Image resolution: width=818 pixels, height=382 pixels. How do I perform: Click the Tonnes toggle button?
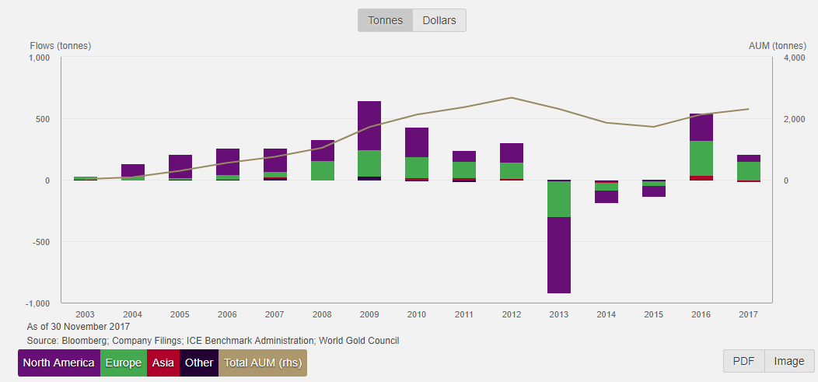pos(386,20)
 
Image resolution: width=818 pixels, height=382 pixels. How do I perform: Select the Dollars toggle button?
pos(439,20)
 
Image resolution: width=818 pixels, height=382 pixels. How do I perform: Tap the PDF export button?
pos(743,361)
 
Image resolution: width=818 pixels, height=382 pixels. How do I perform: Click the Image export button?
pos(789,361)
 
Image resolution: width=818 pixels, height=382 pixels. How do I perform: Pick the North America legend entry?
pos(59,363)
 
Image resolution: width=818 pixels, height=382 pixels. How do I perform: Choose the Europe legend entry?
pos(124,363)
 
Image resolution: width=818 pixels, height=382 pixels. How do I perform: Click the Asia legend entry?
pos(163,363)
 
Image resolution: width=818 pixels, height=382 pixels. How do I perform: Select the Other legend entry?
pos(199,363)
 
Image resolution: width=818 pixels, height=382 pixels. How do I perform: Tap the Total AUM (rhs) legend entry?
pos(263,363)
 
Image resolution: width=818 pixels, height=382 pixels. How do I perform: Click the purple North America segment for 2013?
pos(558,255)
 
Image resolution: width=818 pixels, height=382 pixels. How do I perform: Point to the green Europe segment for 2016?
pos(701,158)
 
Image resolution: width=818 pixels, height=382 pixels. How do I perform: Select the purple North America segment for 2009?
pos(369,125)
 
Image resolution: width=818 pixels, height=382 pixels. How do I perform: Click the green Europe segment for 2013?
pos(558,199)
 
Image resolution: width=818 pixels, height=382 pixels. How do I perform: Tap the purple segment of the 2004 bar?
pos(133,170)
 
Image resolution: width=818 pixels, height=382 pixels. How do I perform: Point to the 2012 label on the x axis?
pos(511,314)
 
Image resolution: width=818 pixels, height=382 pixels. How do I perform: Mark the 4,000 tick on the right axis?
pos(793,58)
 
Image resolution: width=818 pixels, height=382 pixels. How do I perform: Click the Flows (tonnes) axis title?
pos(61,45)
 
